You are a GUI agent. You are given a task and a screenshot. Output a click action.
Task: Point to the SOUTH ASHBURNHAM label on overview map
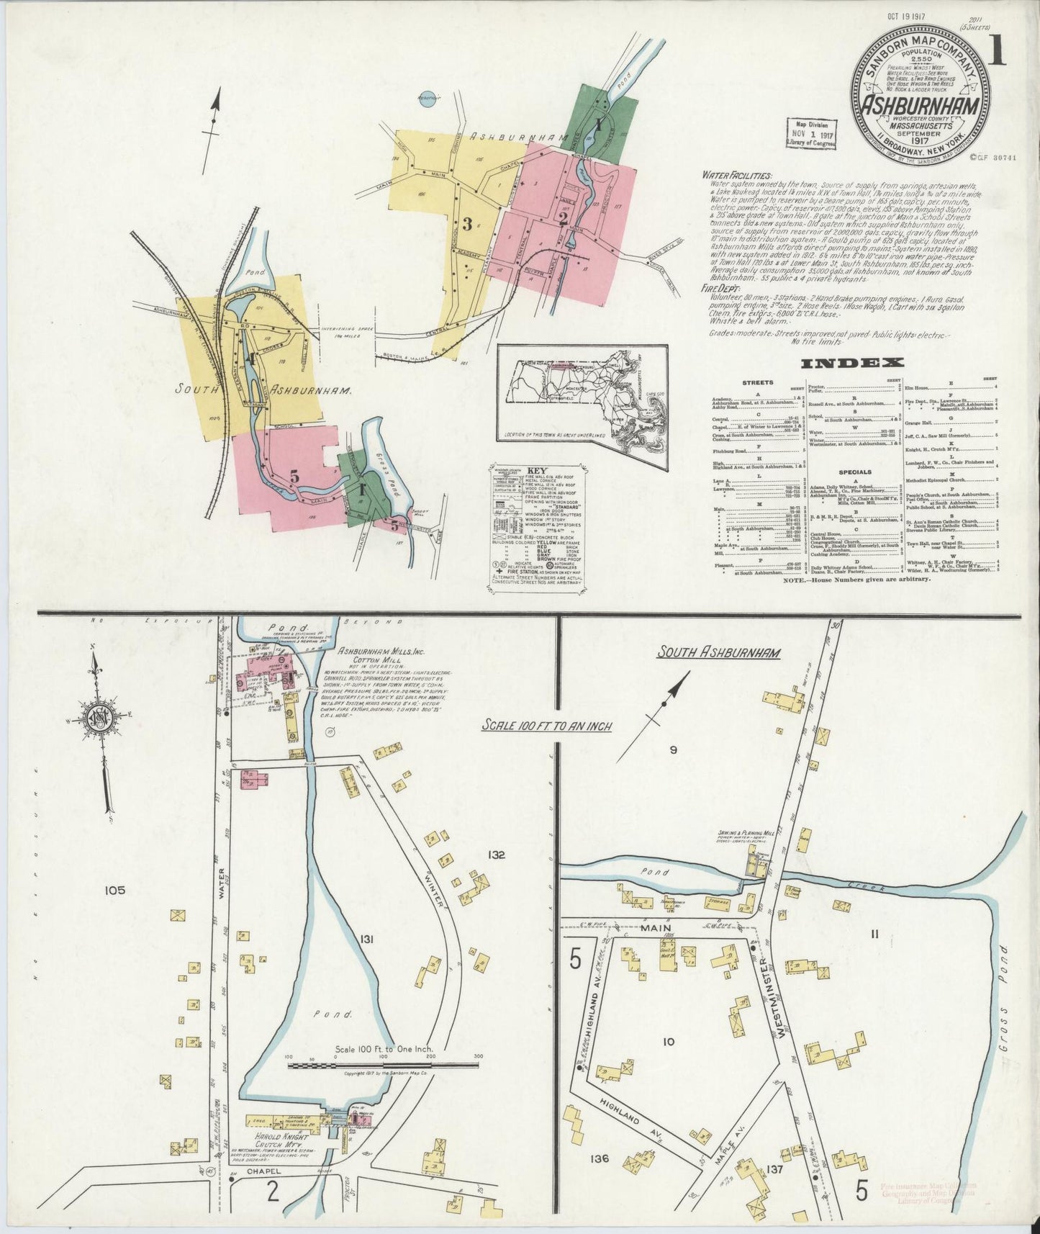click(x=263, y=389)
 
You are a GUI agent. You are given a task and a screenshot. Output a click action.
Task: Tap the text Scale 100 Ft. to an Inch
click(x=547, y=726)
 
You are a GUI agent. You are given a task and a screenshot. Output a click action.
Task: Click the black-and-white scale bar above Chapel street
click(x=383, y=1064)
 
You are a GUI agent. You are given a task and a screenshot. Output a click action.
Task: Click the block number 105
click(x=114, y=891)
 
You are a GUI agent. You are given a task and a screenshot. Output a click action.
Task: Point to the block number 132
click(x=496, y=855)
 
